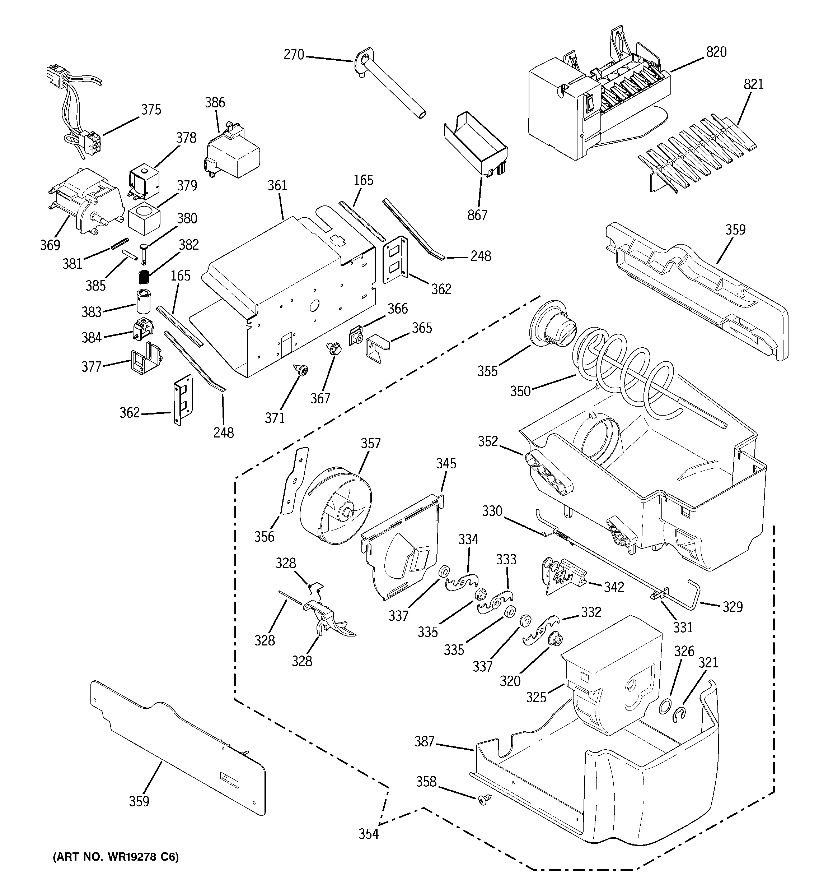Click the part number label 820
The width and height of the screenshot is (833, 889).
(716, 52)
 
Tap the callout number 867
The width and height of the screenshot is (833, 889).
(477, 215)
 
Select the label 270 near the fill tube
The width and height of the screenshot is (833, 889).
(294, 55)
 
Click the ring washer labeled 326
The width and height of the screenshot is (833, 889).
(665, 707)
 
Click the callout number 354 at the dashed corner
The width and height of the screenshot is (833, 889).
(368, 834)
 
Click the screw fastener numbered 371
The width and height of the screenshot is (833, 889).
(301, 370)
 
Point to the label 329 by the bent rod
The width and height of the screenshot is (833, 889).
(733, 607)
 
